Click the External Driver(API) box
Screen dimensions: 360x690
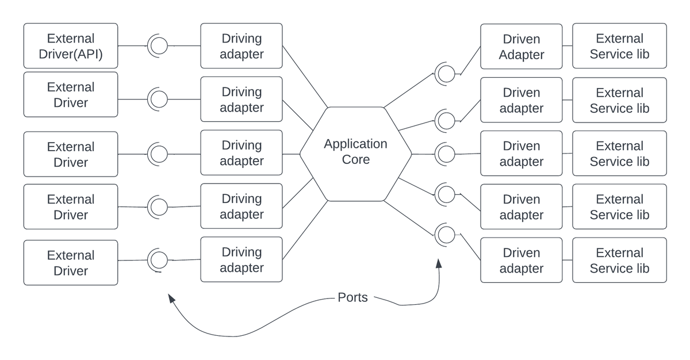pyautogui.click(x=70, y=46)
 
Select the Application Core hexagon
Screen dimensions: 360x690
pyautogui.click(x=355, y=154)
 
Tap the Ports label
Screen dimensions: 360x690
pyautogui.click(x=352, y=298)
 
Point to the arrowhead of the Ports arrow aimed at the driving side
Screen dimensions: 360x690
pyautogui.click(x=170, y=297)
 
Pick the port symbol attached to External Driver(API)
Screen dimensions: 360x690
pyautogui.click(x=158, y=45)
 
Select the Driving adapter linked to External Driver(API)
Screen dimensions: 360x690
pyautogui.click(x=241, y=46)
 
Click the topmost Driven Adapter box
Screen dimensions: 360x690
pyautogui.click(x=521, y=47)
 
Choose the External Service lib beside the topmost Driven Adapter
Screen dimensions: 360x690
pyautogui.click(x=619, y=47)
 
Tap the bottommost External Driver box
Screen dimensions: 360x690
pyautogui.click(x=70, y=263)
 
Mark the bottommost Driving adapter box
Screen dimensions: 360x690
pyautogui.click(x=241, y=259)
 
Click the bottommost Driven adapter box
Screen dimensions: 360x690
pyautogui.click(x=521, y=260)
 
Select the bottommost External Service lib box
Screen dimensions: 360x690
pyautogui.click(x=619, y=260)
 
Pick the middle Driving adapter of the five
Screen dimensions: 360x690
pyautogui.click(x=241, y=153)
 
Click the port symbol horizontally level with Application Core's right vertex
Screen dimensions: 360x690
pyautogui.click(x=445, y=154)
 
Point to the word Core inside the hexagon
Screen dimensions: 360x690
pyautogui.click(x=355, y=159)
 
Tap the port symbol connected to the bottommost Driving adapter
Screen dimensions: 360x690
pyautogui.click(x=158, y=259)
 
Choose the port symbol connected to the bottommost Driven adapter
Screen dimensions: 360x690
pyautogui.click(x=445, y=234)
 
